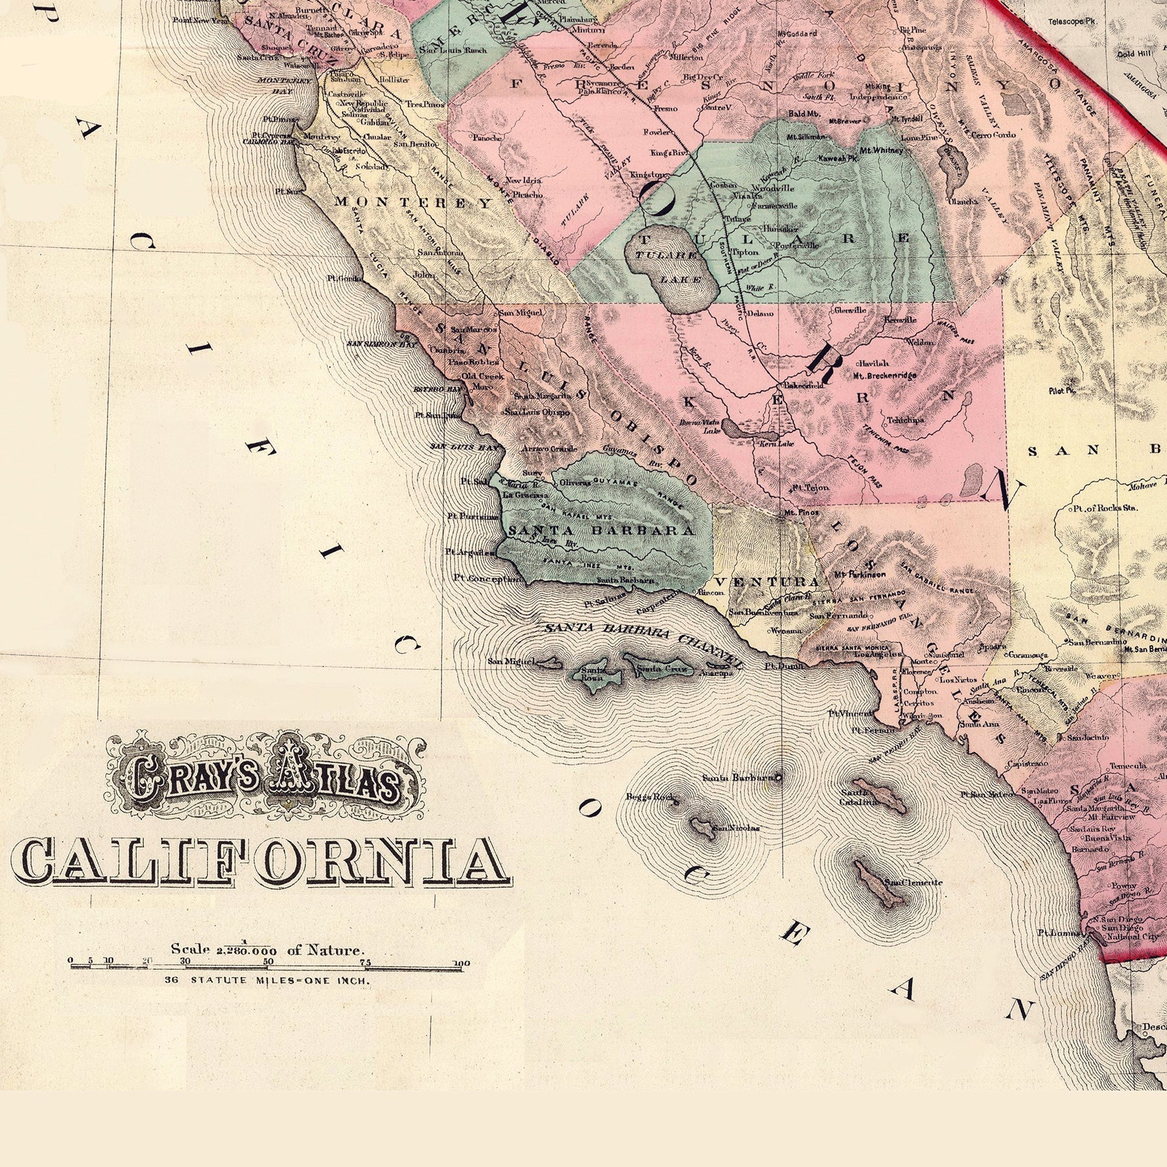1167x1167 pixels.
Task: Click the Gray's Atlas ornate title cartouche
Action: click(x=266, y=776)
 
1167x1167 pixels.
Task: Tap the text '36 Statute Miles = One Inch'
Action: click(x=267, y=981)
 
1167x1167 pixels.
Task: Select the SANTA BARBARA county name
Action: click(x=601, y=530)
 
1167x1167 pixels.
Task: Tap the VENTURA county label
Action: click(x=768, y=582)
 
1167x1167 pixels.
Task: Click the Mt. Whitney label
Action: click(x=880, y=150)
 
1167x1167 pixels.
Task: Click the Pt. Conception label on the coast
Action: click(x=486, y=578)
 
